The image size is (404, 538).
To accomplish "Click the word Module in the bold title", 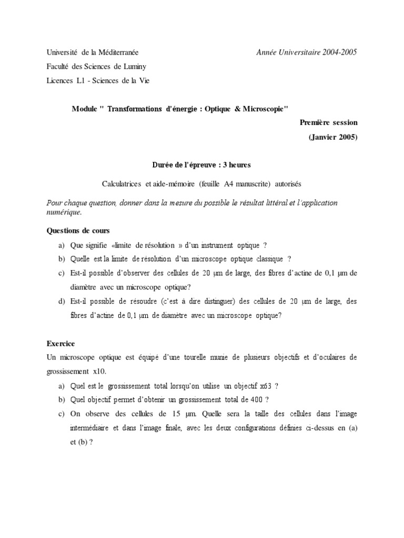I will coord(84,108).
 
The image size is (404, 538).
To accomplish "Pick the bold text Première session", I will coord(328,122).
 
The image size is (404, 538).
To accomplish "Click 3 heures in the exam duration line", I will coord(237,165).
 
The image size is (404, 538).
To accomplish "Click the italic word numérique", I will coord(64,212).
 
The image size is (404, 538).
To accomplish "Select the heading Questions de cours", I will coord(78,230).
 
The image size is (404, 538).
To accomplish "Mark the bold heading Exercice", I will coord(61,344).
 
